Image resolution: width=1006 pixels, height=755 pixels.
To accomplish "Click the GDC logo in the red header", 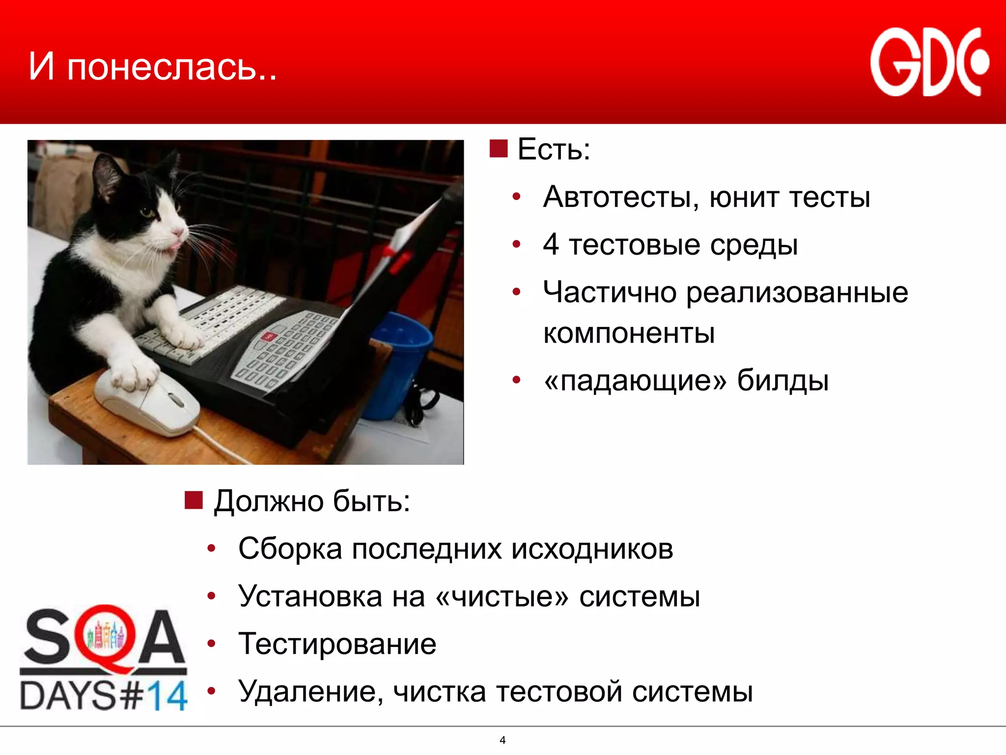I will coord(929,62).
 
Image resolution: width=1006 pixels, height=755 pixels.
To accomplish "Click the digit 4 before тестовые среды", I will coord(551,244).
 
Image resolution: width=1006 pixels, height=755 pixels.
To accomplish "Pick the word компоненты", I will coord(629,333).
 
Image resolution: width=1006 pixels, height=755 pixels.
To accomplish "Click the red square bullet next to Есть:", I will coord(498,148).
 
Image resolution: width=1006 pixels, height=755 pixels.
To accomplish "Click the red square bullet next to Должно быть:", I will coord(194,500).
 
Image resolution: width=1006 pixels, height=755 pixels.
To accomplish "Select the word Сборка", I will coord(290,549).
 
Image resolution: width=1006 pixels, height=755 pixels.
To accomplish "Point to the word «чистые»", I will coord(502,597).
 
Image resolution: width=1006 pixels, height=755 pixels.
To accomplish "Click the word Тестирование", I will coord(337,644).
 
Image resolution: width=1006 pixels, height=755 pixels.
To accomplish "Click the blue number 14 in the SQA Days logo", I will coord(167,695).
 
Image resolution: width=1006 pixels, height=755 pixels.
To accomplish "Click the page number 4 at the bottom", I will coord(503,740).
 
